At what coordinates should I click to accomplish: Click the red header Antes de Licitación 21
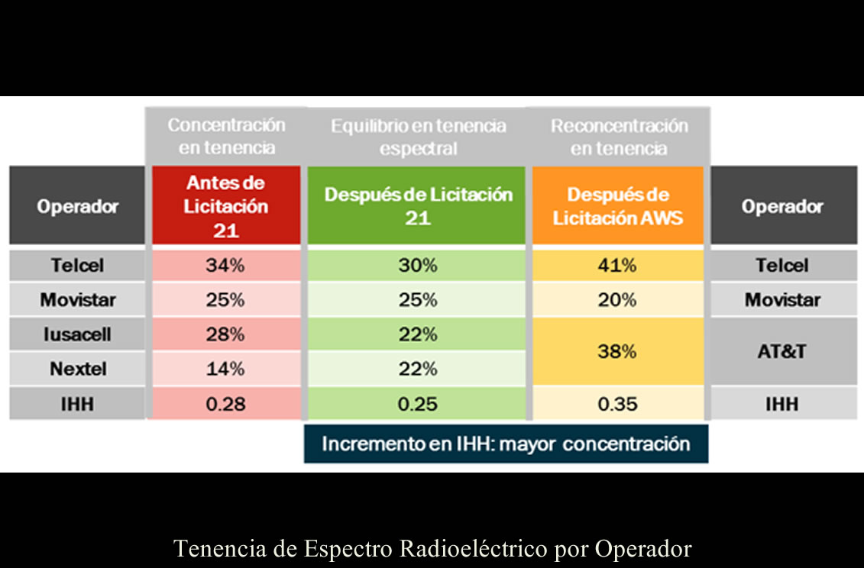click(x=225, y=206)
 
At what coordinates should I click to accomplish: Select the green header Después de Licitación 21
click(x=418, y=206)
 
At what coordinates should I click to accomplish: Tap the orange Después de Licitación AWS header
click(x=617, y=206)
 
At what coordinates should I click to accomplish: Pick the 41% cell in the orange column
click(x=617, y=266)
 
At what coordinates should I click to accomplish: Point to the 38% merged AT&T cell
click(x=617, y=352)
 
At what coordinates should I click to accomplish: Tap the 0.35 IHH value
click(x=617, y=404)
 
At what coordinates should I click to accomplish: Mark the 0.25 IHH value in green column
click(x=418, y=404)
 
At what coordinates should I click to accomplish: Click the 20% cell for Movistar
click(x=617, y=300)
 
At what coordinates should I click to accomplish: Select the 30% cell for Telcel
click(x=418, y=266)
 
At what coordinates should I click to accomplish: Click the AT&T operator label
click(x=782, y=352)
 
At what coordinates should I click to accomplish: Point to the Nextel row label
click(x=78, y=370)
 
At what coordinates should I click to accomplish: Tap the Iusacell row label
click(x=78, y=334)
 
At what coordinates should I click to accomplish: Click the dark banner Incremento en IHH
click(x=506, y=444)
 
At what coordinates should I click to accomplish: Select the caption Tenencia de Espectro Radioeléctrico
click(x=432, y=549)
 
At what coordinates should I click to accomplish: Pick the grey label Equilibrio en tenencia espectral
click(x=418, y=137)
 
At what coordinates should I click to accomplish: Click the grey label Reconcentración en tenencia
click(x=619, y=137)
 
